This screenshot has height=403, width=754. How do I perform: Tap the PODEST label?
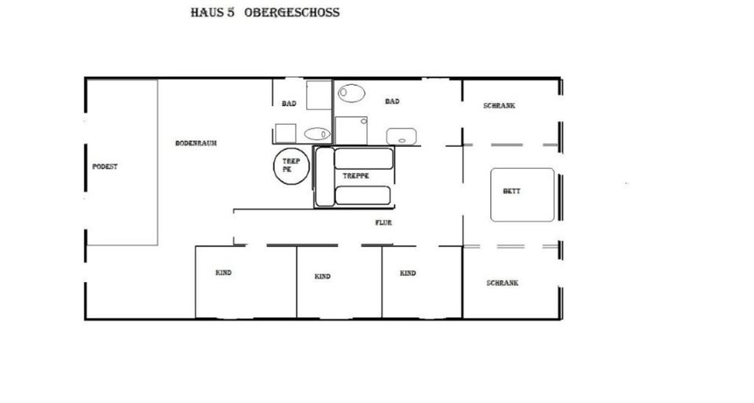pos(104,167)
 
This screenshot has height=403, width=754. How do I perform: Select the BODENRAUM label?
pos(196,143)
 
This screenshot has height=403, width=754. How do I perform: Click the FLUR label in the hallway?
pos(382,223)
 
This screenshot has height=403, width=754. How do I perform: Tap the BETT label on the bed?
pos(511,191)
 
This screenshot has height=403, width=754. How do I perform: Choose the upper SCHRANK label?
pos(499,105)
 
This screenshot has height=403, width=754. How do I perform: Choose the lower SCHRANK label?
pos(501,283)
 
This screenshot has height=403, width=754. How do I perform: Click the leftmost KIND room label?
pos(223,273)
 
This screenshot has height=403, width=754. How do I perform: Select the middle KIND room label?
pos(322,277)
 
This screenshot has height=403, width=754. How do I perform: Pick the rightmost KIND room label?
pos(407,273)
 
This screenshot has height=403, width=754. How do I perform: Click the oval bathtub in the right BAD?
pos(352,93)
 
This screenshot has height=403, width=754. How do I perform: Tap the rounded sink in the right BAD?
pos(401,136)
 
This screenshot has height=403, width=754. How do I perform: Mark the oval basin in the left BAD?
pos(317,134)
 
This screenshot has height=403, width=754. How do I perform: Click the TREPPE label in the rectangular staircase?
pos(356,176)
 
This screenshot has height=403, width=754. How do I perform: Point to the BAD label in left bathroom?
pos(288,104)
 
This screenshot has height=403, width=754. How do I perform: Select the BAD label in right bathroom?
pos(392,101)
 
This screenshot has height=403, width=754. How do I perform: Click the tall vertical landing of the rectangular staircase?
pos(324,177)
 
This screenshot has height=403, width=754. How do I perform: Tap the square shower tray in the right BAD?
pos(351,130)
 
